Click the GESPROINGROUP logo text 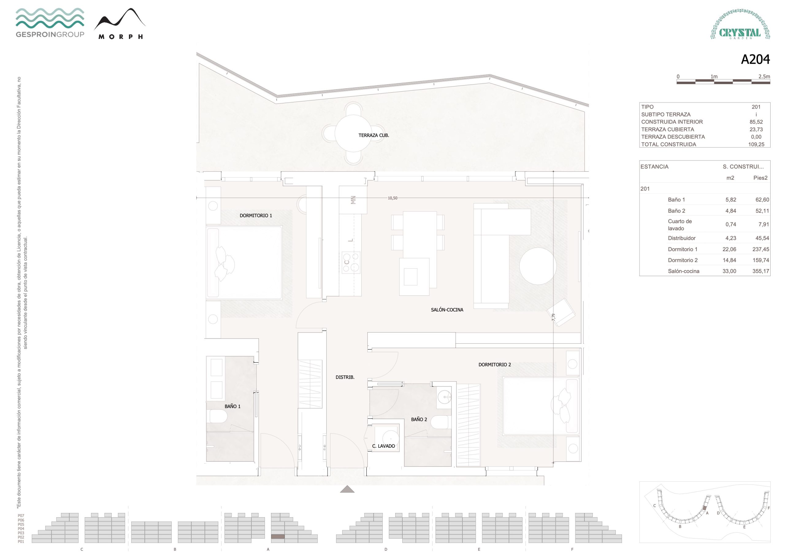50,34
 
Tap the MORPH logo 120,24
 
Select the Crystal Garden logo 740,24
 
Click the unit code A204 755,59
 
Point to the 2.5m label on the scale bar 764,77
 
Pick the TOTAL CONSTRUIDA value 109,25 756,144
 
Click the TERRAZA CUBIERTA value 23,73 756,129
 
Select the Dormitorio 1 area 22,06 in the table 729,249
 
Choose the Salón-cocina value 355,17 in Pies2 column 760,271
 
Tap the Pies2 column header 760,178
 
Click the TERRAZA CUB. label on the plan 374,136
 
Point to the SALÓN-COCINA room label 447,310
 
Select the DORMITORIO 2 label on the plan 494,365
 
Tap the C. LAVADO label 383,446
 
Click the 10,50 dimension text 392,198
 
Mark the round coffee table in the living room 538,266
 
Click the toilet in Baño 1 218,416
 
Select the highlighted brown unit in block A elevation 278,537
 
